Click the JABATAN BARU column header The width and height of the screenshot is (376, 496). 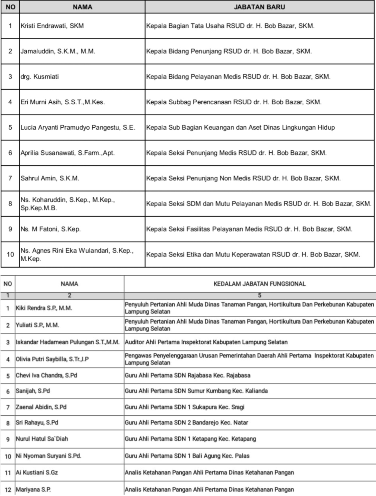point(259,7)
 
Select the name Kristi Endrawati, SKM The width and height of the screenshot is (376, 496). point(52,26)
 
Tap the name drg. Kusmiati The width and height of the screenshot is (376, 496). point(40,77)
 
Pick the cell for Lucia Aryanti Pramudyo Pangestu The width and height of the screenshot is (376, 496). point(78,128)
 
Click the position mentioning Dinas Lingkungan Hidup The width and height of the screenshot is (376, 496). point(240,128)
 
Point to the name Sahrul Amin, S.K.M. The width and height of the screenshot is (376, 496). point(50,178)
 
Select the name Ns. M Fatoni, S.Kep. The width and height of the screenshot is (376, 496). point(50,229)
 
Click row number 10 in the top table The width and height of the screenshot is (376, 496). point(10,254)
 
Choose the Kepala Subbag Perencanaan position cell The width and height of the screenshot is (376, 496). point(234,102)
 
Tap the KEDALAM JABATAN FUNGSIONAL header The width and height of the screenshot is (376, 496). point(259,284)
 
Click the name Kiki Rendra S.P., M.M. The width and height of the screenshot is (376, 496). point(44,308)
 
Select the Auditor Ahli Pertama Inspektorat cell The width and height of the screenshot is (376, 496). point(206,342)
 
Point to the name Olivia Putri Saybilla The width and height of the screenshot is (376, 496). point(52,359)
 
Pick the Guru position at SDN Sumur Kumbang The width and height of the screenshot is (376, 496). point(196,391)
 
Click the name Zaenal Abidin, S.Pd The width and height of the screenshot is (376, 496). point(41,407)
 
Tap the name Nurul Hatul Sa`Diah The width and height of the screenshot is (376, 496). point(42,439)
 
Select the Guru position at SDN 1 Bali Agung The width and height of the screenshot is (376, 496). point(187,456)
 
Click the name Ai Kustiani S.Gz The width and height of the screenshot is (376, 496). point(37,472)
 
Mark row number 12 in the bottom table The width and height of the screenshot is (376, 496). point(8,490)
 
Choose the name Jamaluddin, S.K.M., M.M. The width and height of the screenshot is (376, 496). point(58,51)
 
